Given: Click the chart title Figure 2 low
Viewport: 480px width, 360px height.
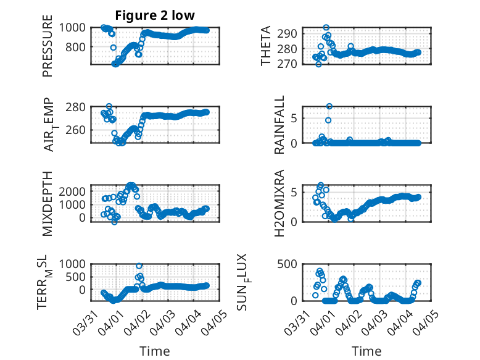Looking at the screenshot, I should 155,15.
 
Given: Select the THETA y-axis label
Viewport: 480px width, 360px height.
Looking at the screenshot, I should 266,46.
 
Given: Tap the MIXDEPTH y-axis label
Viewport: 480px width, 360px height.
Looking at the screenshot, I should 48,204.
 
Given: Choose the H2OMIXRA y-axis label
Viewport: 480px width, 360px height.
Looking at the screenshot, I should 279,203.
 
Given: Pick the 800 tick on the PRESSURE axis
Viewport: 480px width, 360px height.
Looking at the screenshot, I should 78,47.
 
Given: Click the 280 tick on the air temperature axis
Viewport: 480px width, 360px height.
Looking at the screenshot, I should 78,107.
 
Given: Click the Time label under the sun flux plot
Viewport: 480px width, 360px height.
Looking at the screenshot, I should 367,351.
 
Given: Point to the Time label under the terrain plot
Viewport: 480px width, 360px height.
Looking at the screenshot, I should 155,351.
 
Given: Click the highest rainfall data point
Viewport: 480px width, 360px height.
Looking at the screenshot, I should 329,106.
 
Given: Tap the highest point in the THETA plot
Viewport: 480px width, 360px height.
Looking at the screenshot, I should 326,28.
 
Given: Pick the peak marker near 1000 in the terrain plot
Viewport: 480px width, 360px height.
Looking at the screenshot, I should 139,266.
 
